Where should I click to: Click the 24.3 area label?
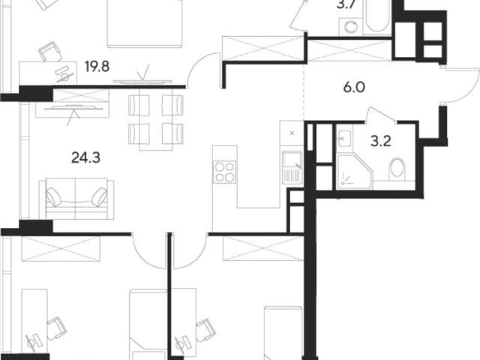tap(85, 158)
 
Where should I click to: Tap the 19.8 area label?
tap(97, 66)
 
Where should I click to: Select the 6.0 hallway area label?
tap(354, 88)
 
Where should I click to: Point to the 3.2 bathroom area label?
tap(381, 142)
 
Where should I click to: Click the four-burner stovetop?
tap(225, 172)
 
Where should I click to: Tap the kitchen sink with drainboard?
tap(292, 168)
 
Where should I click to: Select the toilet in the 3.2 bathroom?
tap(397, 169)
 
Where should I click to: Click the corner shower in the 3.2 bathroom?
tap(355, 172)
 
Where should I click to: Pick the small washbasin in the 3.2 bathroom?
tap(344, 139)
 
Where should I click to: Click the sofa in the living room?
tap(76, 199)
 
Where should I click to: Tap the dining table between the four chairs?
tap(156, 119)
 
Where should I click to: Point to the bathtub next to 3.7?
tap(376, 16)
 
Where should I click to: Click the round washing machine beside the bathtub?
tap(351, 27)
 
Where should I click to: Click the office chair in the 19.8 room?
tap(50, 51)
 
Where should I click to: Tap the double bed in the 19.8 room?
tap(145, 24)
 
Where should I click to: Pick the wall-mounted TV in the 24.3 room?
tap(73, 108)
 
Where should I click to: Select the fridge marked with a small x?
tap(292, 133)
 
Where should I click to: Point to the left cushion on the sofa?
tap(53, 196)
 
